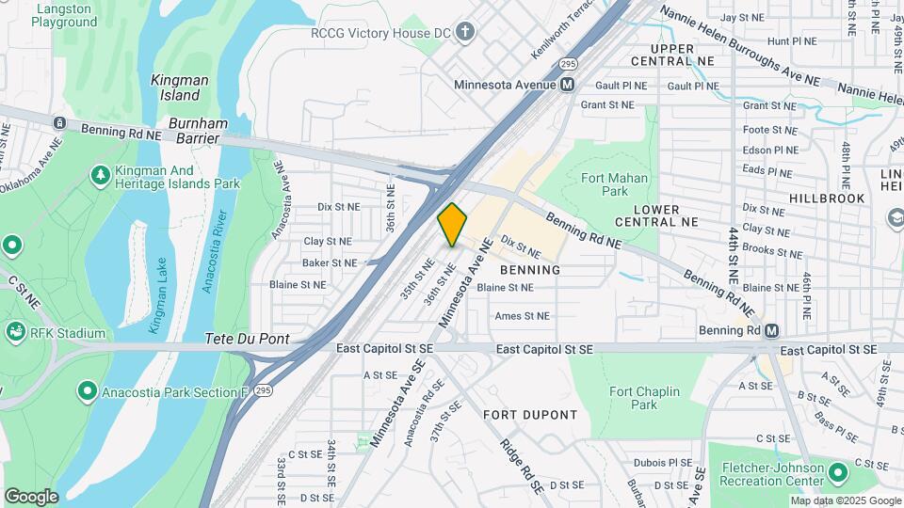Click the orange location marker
[x=452, y=225]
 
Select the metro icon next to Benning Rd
[x=772, y=331]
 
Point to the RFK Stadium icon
[x=15, y=331]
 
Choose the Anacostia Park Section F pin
[x=88, y=389]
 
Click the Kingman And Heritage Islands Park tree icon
[x=100, y=175]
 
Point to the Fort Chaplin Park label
[x=633, y=398]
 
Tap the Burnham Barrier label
[x=194, y=131]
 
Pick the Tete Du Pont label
[x=247, y=339]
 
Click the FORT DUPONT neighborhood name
[x=530, y=415]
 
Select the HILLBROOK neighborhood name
[x=827, y=198]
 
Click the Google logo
[x=31, y=497]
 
